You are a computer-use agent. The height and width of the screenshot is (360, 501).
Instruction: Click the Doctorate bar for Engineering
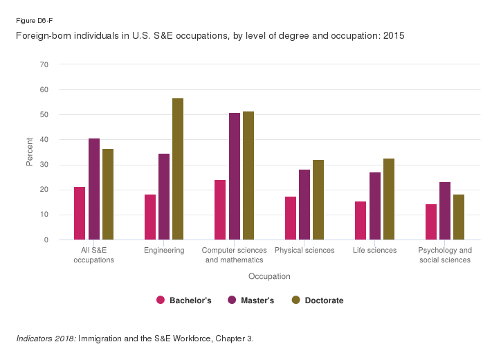[x=178, y=169]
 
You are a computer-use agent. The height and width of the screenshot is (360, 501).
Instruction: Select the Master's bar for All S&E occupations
[x=94, y=189]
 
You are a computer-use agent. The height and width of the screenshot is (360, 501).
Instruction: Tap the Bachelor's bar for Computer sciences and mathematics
[x=220, y=210]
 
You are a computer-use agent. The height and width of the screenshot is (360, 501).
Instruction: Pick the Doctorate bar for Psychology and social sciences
[x=459, y=217]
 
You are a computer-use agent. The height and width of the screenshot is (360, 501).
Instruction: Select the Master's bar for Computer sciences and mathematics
[x=235, y=177]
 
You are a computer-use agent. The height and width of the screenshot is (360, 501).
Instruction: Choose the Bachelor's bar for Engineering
[x=150, y=217]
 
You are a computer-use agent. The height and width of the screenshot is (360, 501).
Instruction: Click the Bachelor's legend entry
[x=183, y=300]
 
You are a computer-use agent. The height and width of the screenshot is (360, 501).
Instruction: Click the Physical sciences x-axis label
[x=304, y=251]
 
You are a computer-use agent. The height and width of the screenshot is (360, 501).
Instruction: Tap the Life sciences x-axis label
[x=374, y=251]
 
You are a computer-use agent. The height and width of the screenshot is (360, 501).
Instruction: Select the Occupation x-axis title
[x=269, y=276]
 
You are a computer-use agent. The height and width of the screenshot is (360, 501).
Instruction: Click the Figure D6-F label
[x=31, y=20]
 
